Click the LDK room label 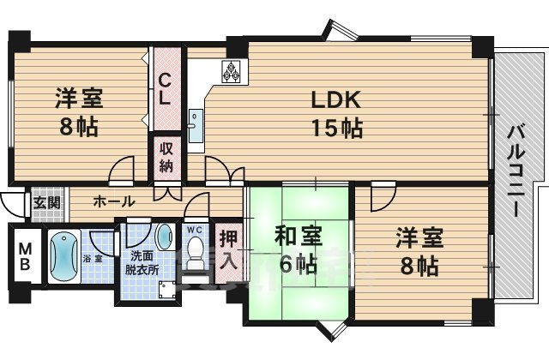coord(331,99)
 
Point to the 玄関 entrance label coord(46,203)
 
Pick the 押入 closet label coord(226,249)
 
